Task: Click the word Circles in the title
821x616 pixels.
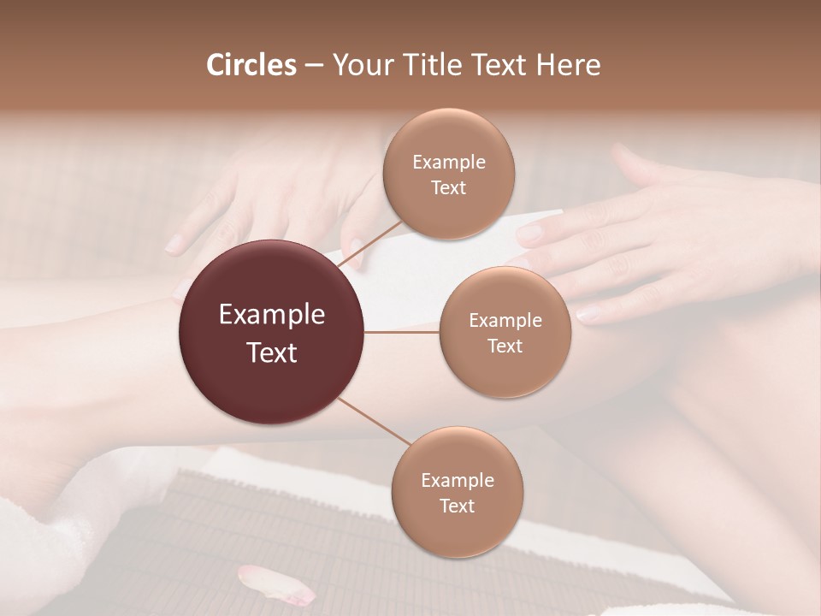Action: coord(251,65)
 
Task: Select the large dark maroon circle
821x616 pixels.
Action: coord(272,332)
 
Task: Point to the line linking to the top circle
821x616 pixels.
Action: coord(372,244)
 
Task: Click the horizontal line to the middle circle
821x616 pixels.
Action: coord(402,332)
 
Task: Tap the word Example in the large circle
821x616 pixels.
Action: coord(272,314)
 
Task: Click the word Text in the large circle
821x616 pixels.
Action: coord(272,352)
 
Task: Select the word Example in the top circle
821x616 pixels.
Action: coord(448,162)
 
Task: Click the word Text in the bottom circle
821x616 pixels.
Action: coord(457,506)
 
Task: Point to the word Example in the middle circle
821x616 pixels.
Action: coord(505,320)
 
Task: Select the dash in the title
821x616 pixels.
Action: coord(314,66)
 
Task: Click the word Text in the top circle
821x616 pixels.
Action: coord(448,187)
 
